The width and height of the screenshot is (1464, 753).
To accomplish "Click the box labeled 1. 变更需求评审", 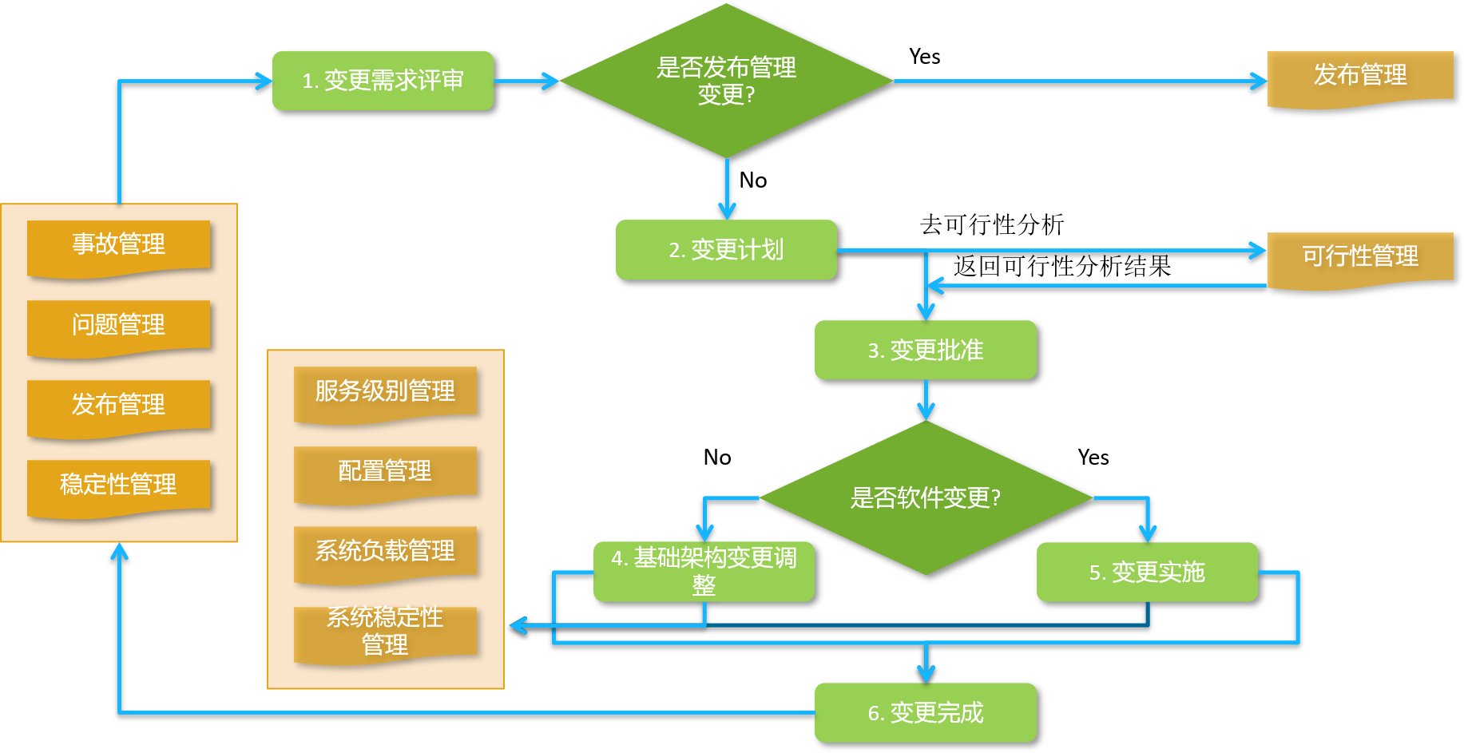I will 383,81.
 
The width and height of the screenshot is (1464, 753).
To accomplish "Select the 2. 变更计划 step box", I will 726,250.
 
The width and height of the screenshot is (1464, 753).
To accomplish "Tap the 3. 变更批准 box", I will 925,350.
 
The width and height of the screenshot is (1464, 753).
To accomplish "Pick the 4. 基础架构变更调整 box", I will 704,572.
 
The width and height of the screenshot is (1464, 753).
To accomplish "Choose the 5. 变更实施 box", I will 1146,572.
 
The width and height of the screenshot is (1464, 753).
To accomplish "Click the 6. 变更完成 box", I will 925,712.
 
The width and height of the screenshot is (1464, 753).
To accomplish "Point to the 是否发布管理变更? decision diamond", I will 726,81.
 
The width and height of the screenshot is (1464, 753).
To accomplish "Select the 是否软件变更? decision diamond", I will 925,497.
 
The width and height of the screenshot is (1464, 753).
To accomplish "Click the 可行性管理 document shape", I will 1359,257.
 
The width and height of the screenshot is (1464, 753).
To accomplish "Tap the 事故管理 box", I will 119,245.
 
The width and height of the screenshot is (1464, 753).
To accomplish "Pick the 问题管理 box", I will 119,325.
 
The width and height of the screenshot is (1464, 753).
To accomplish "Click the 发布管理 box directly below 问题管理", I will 119,405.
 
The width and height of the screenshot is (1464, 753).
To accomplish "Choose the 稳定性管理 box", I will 119,485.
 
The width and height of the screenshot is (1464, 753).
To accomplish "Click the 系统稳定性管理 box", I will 385,632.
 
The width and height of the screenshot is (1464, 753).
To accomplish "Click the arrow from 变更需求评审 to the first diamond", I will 526,81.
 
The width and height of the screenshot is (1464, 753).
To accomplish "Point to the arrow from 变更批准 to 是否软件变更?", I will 926,399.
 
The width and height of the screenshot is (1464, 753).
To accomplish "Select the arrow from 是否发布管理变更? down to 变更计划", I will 727,188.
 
